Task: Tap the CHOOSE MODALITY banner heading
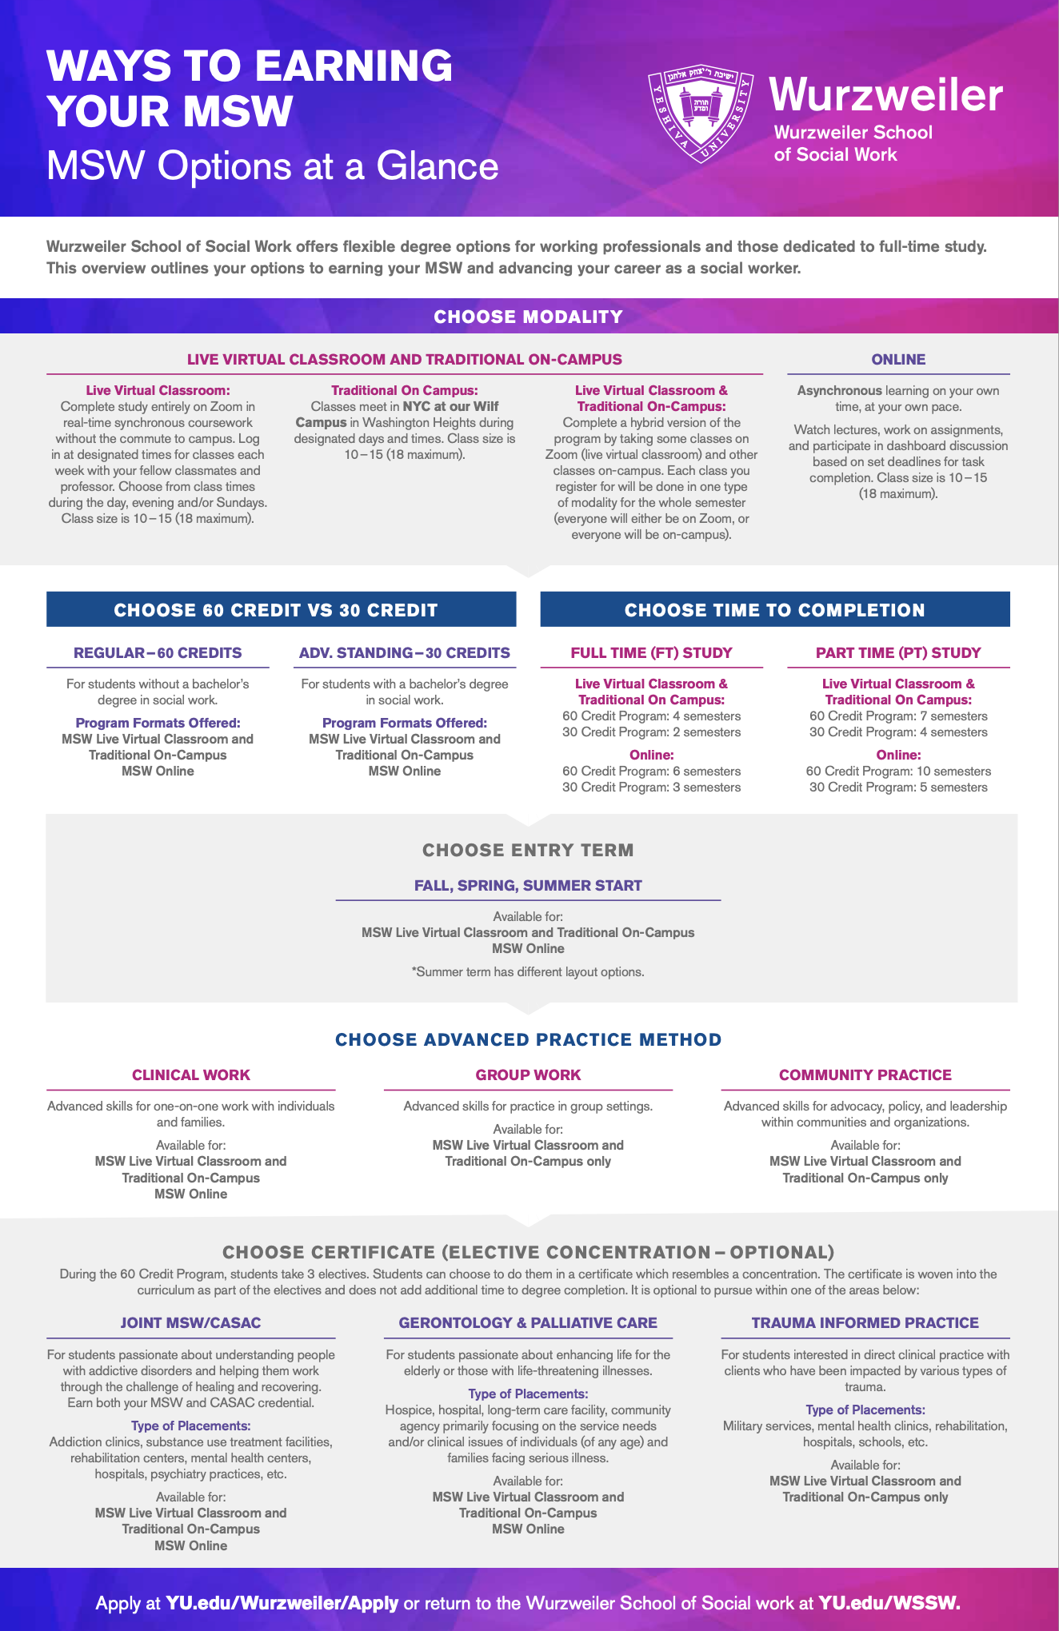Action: tap(528, 317)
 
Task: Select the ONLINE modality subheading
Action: tap(898, 360)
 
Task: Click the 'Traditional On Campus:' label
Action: tap(404, 390)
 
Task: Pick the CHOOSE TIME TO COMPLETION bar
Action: tap(774, 610)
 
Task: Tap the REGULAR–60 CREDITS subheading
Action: tap(158, 652)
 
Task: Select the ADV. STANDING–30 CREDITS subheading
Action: tap(404, 652)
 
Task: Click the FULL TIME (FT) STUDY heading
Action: tap(651, 652)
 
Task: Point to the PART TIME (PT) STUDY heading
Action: tap(898, 652)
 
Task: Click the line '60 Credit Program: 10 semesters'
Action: tap(898, 772)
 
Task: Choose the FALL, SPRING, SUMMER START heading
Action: tap(528, 885)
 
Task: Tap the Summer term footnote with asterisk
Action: tap(528, 972)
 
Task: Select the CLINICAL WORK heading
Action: tap(191, 1075)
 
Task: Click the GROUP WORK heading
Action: tap(528, 1075)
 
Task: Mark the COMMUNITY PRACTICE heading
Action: tap(865, 1075)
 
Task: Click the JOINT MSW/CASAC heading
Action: tap(191, 1323)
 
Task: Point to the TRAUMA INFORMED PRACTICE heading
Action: tap(865, 1323)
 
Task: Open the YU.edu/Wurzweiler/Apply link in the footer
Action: tap(282, 1603)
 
